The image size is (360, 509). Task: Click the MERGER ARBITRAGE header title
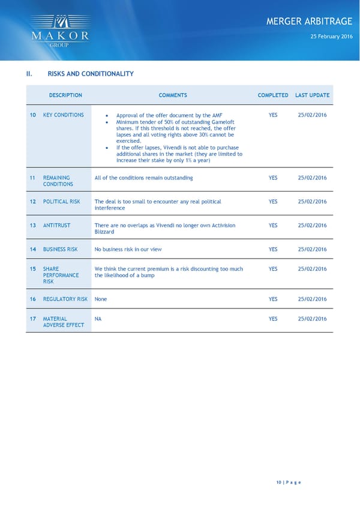(309, 22)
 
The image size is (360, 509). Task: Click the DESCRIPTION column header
(65, 95)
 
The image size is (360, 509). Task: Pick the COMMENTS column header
(173, 95)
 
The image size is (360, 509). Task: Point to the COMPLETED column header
(273, 95)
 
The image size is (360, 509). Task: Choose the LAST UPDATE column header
(313, 95)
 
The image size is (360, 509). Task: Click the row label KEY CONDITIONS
(64, 115)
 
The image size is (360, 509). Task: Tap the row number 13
(33, 226)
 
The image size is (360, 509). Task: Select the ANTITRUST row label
(57, 226)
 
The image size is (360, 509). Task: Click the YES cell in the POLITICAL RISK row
(273, 202)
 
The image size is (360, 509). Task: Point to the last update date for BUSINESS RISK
(312, 249)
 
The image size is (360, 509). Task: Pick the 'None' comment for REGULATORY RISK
(101, 299)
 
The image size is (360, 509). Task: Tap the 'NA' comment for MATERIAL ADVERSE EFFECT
(98, 319)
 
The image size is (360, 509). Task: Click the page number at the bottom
(288, 483)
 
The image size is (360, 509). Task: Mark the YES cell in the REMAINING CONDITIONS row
(273, 178)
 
